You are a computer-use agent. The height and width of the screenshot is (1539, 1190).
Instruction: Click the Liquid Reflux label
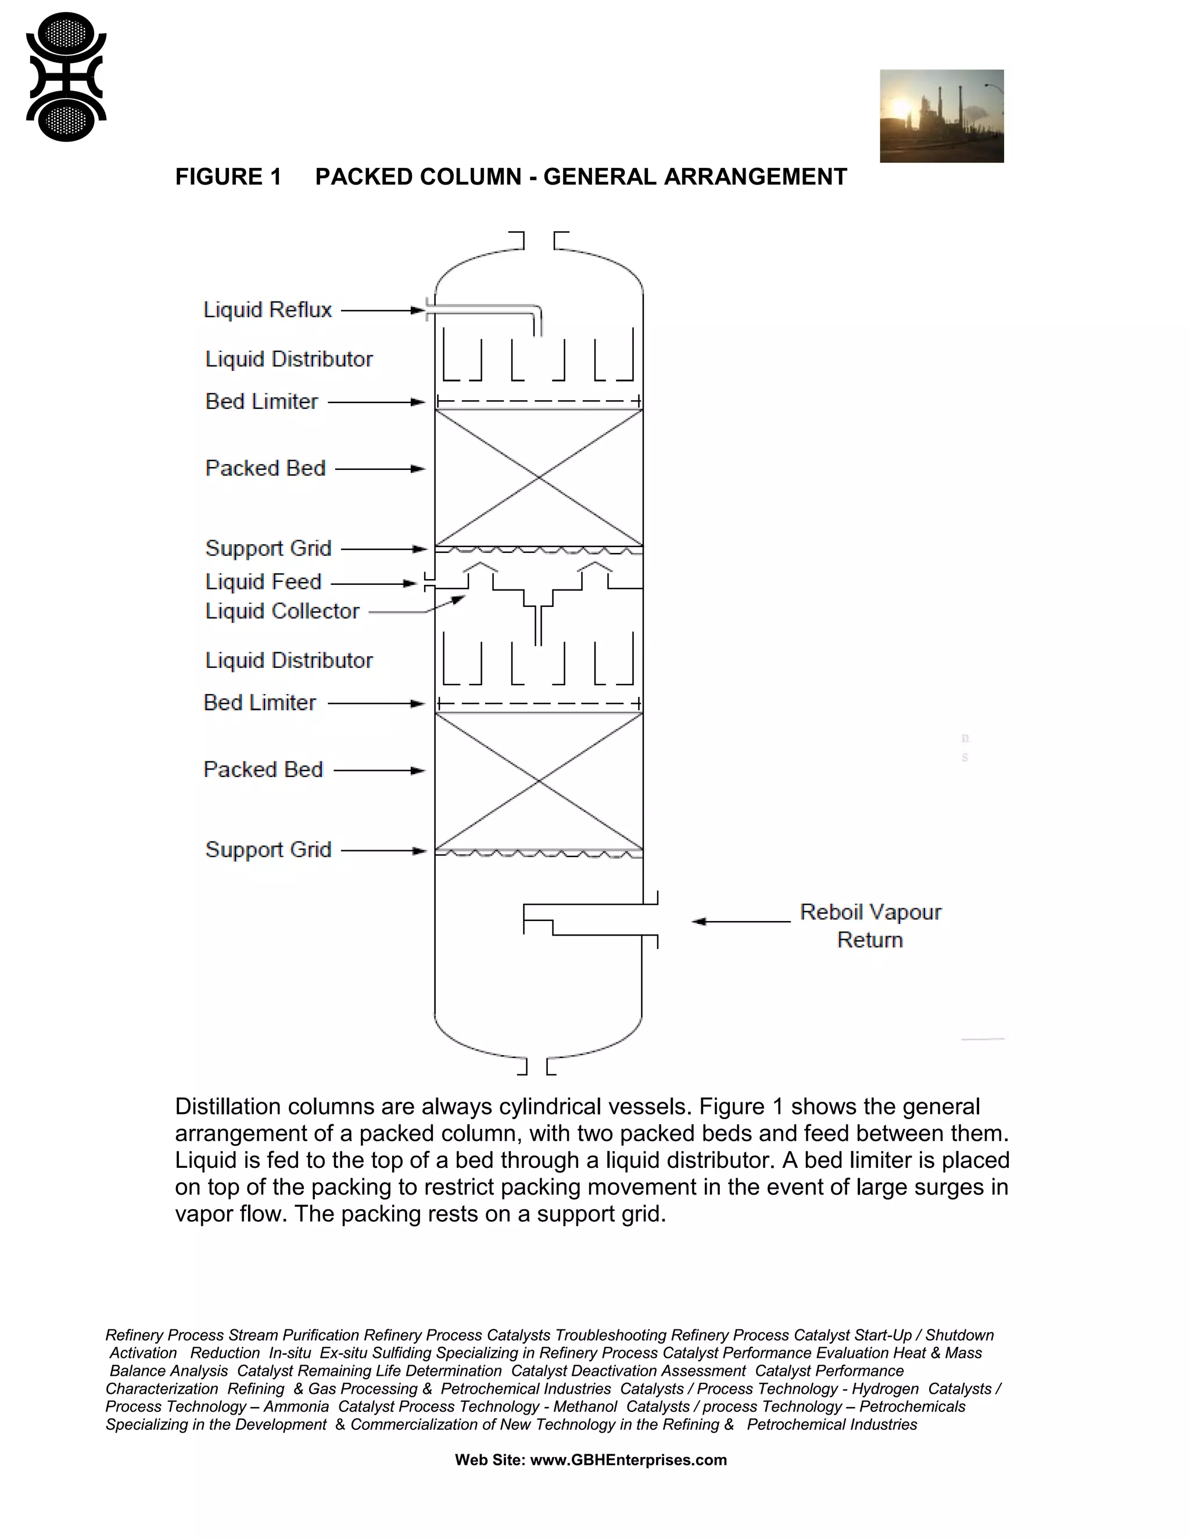267,310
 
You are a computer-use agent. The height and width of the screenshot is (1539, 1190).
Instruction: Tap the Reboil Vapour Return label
870,926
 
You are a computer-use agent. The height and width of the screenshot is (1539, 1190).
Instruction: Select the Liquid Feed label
263,582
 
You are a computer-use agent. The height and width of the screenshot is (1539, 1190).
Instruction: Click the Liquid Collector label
282,611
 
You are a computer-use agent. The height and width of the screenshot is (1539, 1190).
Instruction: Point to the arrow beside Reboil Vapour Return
740,921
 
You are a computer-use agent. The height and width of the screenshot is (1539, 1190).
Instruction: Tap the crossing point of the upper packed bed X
539,478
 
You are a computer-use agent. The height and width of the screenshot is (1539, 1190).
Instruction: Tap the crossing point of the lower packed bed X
539,781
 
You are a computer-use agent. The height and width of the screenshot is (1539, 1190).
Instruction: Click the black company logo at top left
66,77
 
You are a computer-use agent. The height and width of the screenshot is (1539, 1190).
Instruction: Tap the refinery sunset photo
941,116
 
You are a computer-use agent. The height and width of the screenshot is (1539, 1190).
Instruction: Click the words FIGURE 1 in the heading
228,177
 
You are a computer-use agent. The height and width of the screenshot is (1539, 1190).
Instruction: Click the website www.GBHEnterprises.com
628,1460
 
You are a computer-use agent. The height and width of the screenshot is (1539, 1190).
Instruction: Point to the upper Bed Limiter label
261,402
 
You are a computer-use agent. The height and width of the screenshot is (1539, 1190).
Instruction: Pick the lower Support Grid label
268,850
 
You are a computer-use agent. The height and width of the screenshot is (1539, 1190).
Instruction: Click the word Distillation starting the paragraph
225,1106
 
